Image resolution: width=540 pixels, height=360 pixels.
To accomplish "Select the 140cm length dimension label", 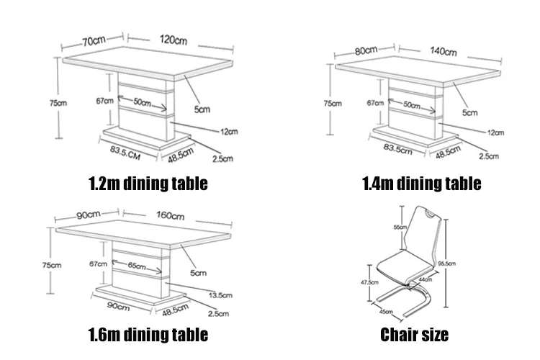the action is [444, 51].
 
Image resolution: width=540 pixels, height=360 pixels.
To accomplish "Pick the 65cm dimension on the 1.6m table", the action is [137, 266].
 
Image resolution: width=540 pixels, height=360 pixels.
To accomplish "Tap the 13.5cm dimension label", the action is [220, 295].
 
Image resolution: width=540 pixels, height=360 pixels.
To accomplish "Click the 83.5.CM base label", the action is [124, 150].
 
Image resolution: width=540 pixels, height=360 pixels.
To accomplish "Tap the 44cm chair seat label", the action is [426, 279].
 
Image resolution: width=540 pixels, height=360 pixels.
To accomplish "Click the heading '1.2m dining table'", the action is [148, 183].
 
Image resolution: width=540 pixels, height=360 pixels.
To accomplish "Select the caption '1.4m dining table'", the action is [421, 183].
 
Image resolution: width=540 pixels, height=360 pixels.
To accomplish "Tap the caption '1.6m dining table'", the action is [148, 334].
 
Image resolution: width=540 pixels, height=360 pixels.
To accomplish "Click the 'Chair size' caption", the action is [414, 334].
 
